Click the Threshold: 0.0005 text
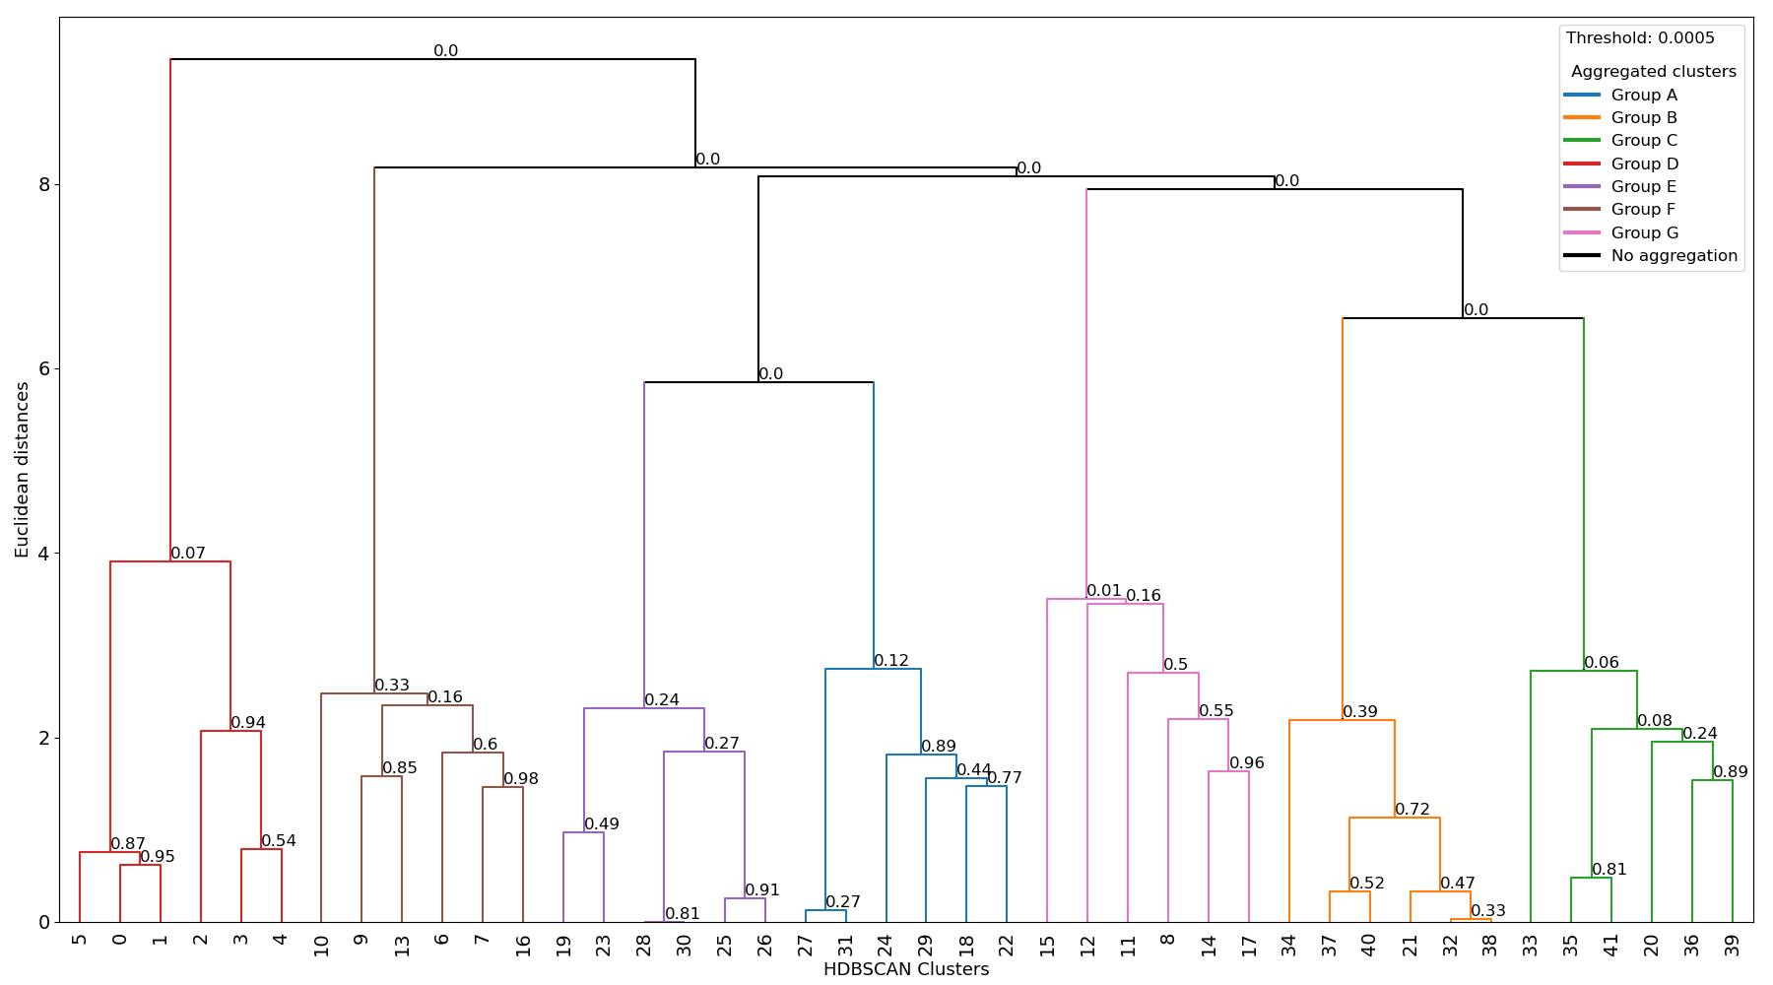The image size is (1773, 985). [x=1640, y=38]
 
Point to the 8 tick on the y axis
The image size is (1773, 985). [x=44, y=185]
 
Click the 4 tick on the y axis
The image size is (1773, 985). [x=44, y=554]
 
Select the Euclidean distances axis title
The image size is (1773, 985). [x=22, y=470]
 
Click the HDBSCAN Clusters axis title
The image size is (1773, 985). [x=905, y=969]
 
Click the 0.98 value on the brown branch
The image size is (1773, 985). [x=521, y=779]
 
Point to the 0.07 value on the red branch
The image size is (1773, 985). [x=188, y=554]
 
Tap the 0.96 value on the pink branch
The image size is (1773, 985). [x=1247, y=763]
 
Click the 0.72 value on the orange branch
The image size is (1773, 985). [x=1412, y=810]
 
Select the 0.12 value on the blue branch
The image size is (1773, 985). [x=891, y=661]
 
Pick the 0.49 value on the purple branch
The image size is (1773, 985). [x=602, y=824]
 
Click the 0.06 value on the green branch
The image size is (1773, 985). [x=1602, y=663]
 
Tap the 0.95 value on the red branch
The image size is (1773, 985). [x=158, y=857]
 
